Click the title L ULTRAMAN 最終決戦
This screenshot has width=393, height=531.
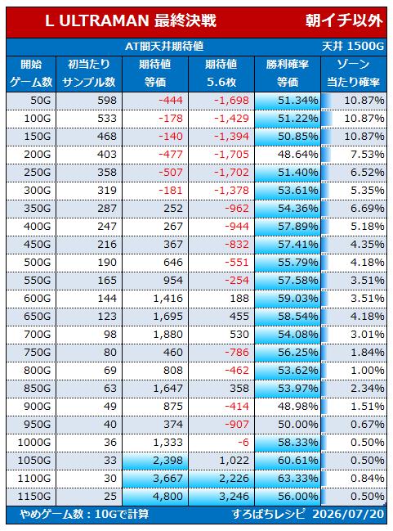[x=131, y=21]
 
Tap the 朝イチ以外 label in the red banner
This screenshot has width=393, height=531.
[x=344, y=21]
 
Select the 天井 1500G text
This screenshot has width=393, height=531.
[x=353, y=46]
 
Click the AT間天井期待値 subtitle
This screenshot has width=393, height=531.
[x=164, y=46]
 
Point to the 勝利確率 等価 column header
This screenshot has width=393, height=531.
[x=288, y=73]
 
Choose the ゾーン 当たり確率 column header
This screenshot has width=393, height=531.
[x=354, y=73]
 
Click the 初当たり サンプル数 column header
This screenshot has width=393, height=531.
[x=89, y=73]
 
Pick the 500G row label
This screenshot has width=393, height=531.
[x=38, y=263]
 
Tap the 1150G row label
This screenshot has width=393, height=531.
[x=34, y=497]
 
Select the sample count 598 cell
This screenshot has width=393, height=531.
[x=106, y=101]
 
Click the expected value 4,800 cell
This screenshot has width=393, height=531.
[x=167, y=497]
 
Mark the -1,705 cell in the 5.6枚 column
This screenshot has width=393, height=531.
[x=232, y=155]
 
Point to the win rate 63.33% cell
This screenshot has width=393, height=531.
[x=297, y=479]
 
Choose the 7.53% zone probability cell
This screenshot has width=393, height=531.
[x=368, y=155]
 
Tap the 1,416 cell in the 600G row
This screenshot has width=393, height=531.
[x=167, y=299]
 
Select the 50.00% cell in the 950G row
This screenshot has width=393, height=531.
[x=297, y=425]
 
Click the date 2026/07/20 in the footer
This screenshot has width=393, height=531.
[x=348, y=514]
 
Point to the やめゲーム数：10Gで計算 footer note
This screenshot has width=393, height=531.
[x=84, y=514]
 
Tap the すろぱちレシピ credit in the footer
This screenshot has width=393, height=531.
[x=269, y=514]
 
